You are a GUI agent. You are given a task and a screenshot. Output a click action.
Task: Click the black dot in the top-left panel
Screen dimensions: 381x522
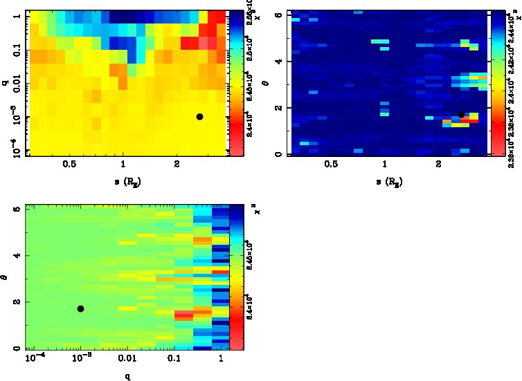tap(199, 117)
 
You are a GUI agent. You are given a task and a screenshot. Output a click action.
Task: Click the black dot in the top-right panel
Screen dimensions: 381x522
tap(461, 115)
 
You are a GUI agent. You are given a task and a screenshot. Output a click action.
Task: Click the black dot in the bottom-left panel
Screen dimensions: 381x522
tap(80, 308)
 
